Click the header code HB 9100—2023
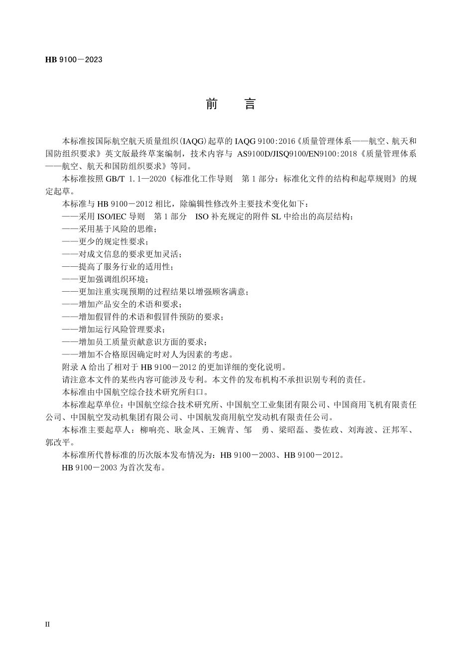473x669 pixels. click(74, 60)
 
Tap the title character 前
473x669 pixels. click(212, 104)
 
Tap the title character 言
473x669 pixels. click(250, 104)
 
